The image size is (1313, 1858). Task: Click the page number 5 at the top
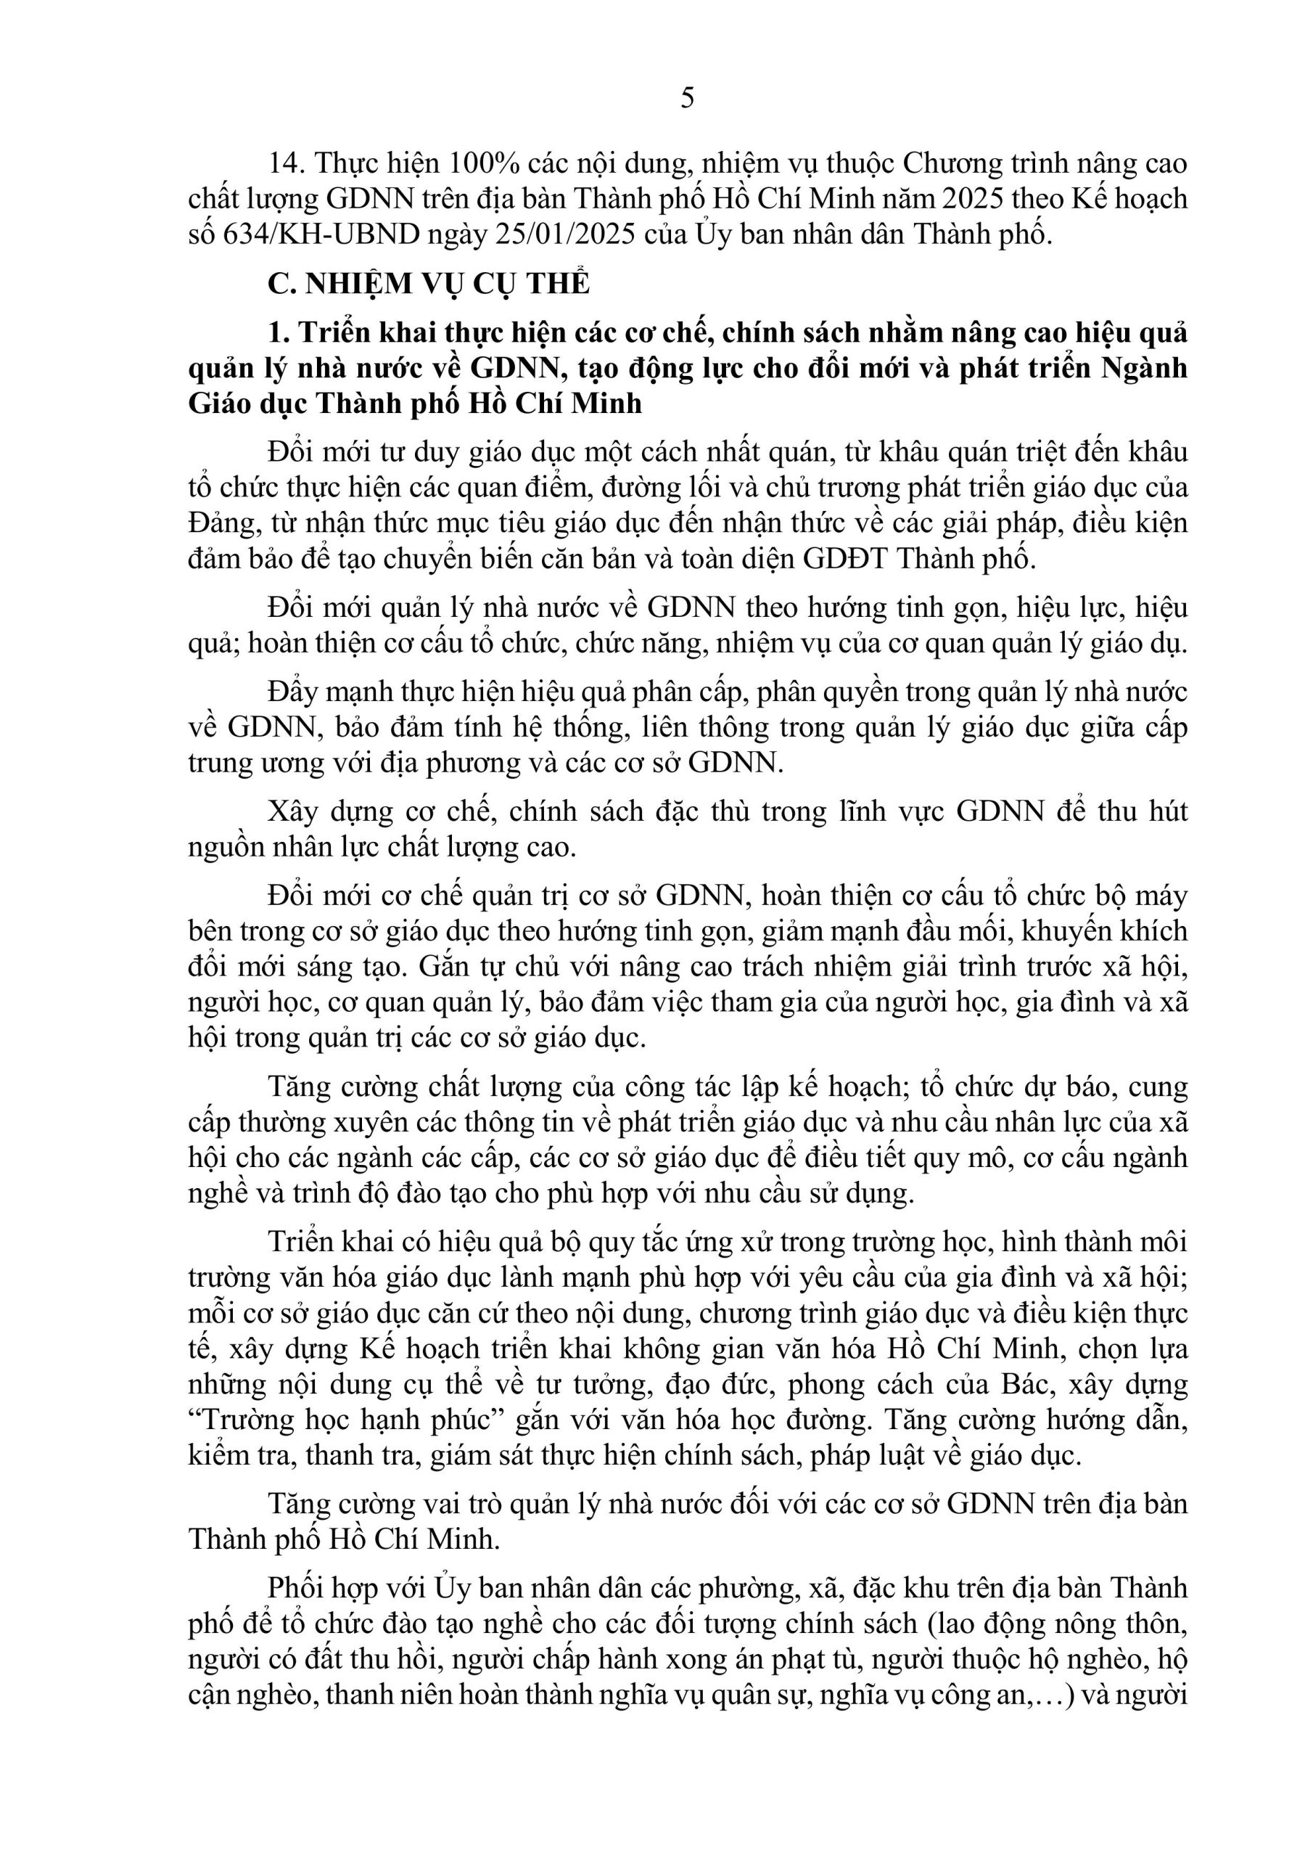(687, 99)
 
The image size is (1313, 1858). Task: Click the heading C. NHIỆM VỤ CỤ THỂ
(429, 283)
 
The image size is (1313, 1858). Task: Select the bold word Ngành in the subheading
(1144, 368)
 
